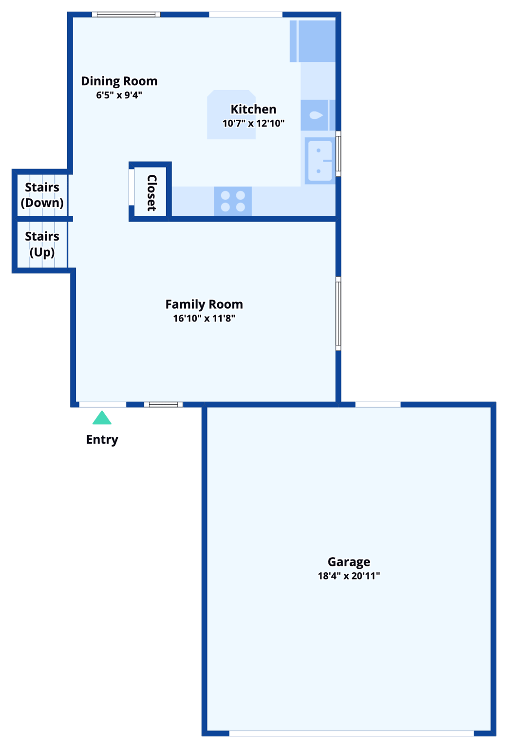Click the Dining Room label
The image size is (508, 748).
pyautogui.click(x=119, y=81)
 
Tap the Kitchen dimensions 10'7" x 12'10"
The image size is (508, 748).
pyautogui.click(x=253, y=123)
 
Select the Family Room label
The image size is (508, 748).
pyautogui.click(x=204, y=304)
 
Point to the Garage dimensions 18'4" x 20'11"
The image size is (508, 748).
pyautogui.click(x=349, y=576)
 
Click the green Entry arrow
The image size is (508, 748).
pyautogui.click(x=102, y=418)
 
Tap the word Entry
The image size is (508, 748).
pyautogui.click(x=102, y=439)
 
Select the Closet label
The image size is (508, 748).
pyautogui.click(x=151, y=193)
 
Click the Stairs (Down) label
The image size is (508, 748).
pyautogui.click(x=42, y=195)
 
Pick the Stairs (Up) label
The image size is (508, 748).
pyautogui.click(x=42, y=244)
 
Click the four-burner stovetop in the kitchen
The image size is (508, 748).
pyautogui.click(x=233, y=201)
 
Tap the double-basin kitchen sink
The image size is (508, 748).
pyautogui.click(x=320, y=161)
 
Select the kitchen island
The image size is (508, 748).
pyautogui.click(x=231, y=115)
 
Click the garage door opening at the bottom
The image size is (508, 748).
pyautogui.click(x=351, y=733)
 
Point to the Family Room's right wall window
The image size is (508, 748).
pyautogui.click(x=338, y=314)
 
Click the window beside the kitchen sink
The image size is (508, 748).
pyautogui.click(x=338, y=153)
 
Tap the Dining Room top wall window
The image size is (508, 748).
pyautogui.click(x=126, y=15)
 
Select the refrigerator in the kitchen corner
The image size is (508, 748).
pyautogui.click(x=317, y=41)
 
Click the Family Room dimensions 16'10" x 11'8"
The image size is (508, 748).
pyautogui.click(x=204, y=318)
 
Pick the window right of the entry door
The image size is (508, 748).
pyautogui.click(x=163, y=404)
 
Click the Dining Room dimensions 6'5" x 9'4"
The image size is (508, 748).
pyautogui.click(x=119, y=95)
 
